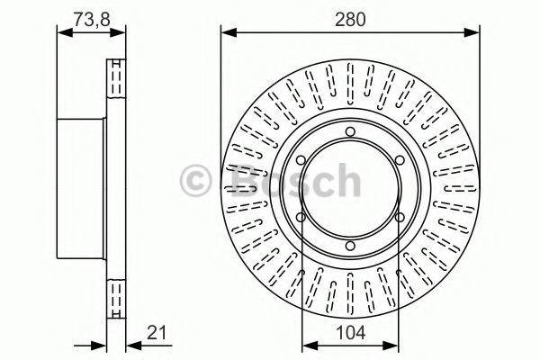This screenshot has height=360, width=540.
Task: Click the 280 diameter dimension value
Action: click(x=350, y=20)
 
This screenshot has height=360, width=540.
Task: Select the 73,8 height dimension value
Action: click(x=92, y=19)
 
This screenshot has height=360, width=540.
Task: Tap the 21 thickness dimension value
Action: click(x=157, y=333)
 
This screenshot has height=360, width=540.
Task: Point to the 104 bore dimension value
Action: click(x=350, y=333)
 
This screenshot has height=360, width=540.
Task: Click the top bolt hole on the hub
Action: click(x=350, y=131)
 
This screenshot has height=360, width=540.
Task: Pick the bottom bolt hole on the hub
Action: click(x=350, y=246)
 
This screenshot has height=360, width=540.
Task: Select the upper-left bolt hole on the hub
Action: click(x=301, y=160)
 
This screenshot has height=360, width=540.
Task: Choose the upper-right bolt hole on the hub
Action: click(x=400, y=160)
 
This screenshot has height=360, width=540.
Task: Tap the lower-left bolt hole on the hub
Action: click(x=301, y=218)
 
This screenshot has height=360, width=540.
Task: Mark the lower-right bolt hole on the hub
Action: click(x=400, y=218)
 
